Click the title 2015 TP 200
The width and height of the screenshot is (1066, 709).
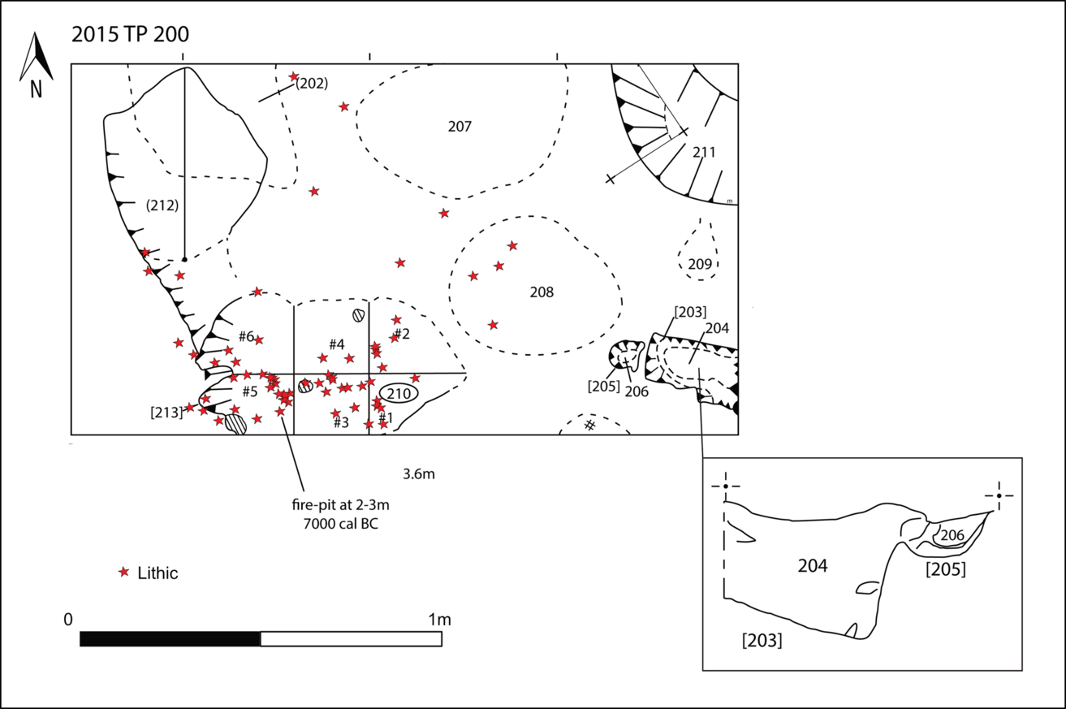(x=130, y=34)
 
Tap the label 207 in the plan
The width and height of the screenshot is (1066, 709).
(x=460, y=126)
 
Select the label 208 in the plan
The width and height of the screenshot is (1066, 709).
(x=542, y=292)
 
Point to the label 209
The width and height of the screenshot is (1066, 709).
(x=700, y=264)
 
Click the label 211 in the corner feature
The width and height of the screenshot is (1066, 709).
(x=704, y=153)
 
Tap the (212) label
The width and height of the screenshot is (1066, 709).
(x=162, y=205)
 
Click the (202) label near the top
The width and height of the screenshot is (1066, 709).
(x=312, y=84)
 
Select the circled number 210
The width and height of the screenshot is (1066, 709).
(x=399, y=394)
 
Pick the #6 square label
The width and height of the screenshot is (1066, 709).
(x=246, y=337)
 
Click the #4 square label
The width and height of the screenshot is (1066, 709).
(x=336, y=344)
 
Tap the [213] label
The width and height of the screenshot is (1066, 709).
(x=166, y=413)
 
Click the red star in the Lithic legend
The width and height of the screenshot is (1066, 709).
(x=123, y=572)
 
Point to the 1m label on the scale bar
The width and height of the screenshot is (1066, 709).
(x=439, y=620)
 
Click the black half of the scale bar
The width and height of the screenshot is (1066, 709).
(x=170, y=639)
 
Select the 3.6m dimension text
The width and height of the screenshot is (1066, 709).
(x=419, y=473)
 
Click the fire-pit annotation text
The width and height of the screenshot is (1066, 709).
(x=341, y=514)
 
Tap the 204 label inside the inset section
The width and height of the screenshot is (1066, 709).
(x=813, y=566)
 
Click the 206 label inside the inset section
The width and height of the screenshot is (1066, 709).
(x=952, y=536)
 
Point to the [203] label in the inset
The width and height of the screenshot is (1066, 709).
(x=762, y=641)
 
